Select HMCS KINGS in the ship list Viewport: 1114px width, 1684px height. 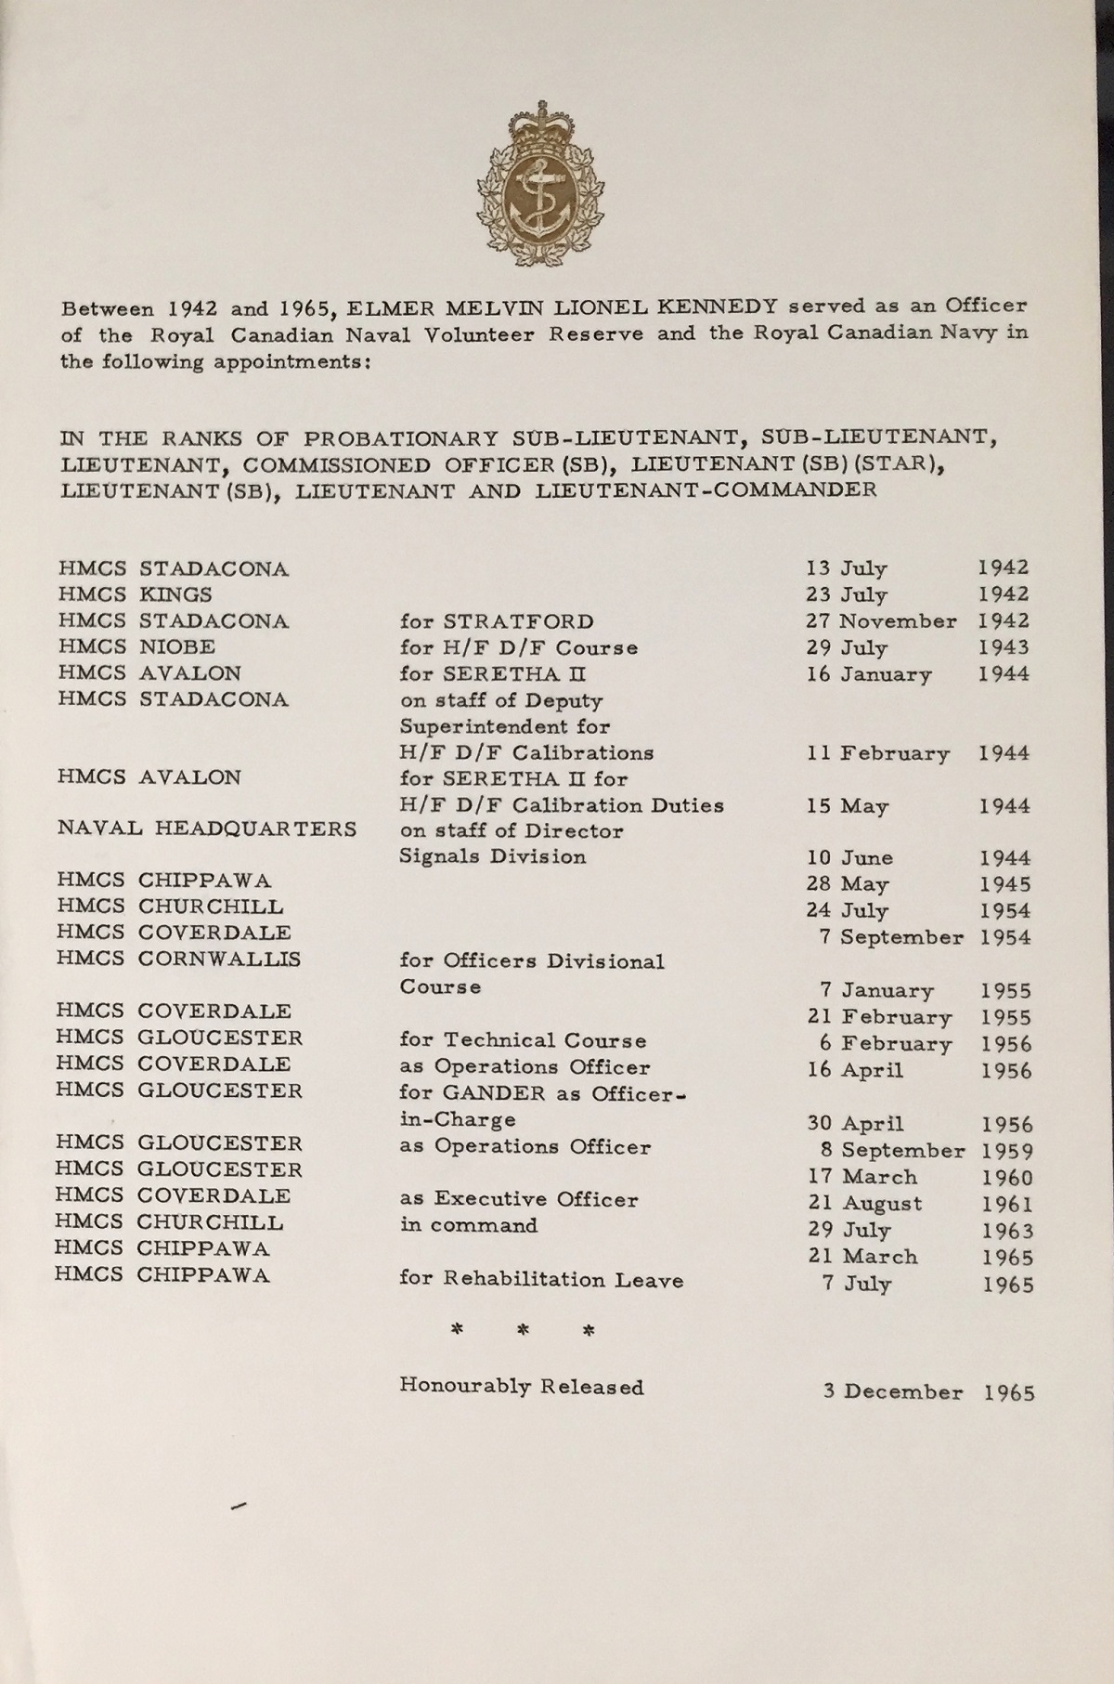(135, 594)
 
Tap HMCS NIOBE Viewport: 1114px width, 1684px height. (136, 646)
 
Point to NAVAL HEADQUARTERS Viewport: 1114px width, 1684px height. (207, 829)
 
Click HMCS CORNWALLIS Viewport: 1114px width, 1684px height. (178, 959)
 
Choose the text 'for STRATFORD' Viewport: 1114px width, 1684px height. (497, 621)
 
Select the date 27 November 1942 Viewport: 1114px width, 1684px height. (917, 621)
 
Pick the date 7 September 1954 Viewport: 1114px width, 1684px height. (924, 937)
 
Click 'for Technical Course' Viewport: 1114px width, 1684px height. (523, 1040)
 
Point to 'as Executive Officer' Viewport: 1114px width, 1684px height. (519, 1199)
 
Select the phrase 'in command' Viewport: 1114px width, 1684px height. (469, 1226)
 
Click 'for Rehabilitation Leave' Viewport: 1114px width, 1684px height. (541, 1280)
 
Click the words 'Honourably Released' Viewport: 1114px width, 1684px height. (522, 1387)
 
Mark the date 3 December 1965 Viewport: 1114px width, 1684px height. (926, 1392)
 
